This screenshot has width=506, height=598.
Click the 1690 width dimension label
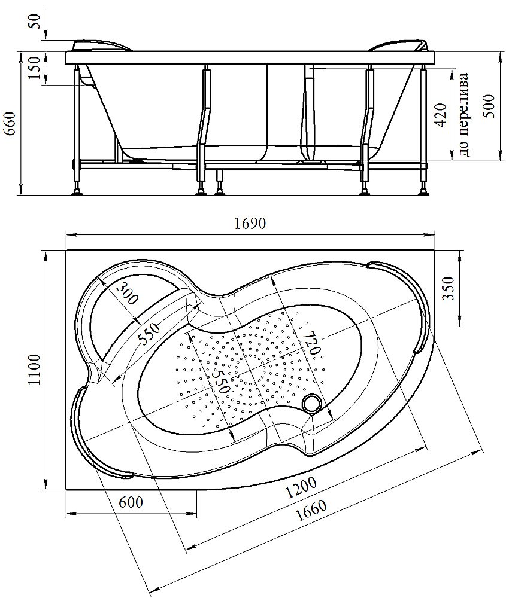[x=250, y=224]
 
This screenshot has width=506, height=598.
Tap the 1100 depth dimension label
[x=34, y=370]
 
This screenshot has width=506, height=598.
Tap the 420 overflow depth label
[x=441, y=115]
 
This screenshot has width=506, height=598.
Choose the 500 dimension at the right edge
[x=490, y=106]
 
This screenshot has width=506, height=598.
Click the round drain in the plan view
[x=311, y=404]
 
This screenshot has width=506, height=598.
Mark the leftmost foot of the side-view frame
[x=77, y=193]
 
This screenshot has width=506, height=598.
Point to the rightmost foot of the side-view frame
[x=425, y=193]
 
